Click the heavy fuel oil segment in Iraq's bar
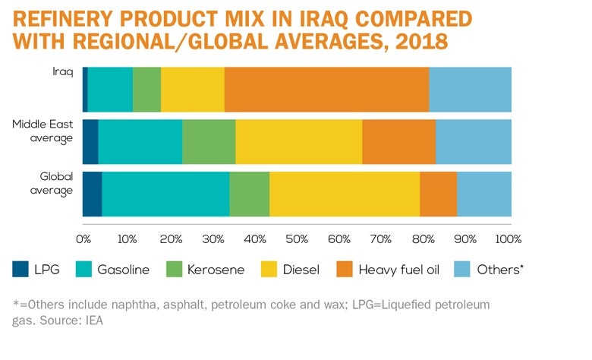coord(326,90)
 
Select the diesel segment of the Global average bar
coord(345,194)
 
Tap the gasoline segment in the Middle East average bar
coord(140,142)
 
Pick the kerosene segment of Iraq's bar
coord(146,90)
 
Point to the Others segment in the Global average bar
coord(484,194)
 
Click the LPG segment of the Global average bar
coord(92,194)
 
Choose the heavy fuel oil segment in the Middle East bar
coord(398,142)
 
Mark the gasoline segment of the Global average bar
coord(165,194)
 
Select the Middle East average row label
coord(45,131)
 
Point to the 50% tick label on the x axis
coord(295,238)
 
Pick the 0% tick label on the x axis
coord(83,238)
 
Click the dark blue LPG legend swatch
coord(20,269)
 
